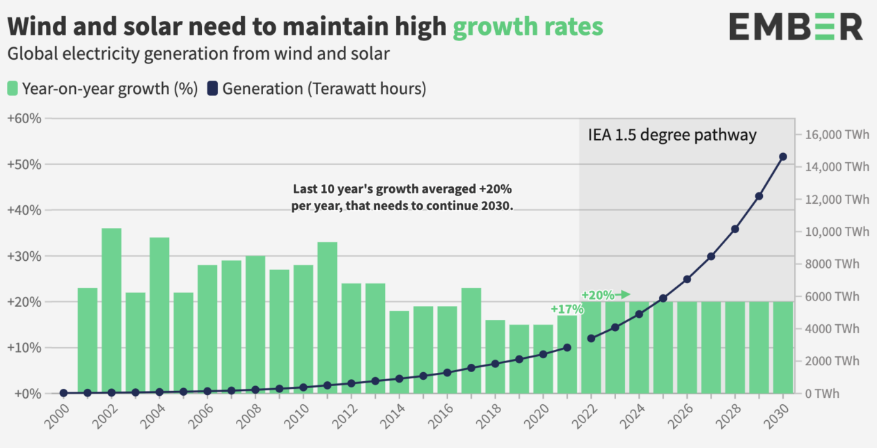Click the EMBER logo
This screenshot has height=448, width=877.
[796, 27]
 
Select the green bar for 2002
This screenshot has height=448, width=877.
[111, 310]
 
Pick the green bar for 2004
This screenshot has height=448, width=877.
[159, 315]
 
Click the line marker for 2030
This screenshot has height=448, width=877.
[783, 157]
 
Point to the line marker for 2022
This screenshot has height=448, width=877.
[591, 338]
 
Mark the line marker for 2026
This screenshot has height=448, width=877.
[687, 279]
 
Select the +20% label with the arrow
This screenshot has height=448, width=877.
[605, 294]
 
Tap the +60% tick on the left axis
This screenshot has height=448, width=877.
[24, 118]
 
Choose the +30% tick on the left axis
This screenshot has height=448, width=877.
[24, 256]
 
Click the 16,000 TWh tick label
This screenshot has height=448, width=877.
[837, 134]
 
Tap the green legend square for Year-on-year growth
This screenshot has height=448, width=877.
[13, 88]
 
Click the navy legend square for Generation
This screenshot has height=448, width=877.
[212, 88]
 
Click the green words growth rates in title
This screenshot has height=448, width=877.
[528, 26]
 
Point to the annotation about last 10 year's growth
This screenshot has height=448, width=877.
[402, 198]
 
